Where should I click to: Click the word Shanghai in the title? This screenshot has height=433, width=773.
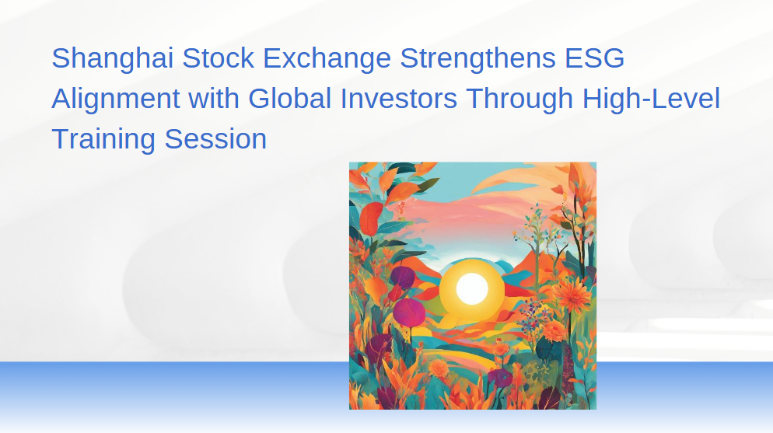(113, 59)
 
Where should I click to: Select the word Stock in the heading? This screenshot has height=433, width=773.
(218, 58)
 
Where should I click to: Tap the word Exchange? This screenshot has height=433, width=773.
(327, 59)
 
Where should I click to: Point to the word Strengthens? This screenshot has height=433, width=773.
(477, 59)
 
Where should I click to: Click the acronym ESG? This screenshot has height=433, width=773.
(595, 58)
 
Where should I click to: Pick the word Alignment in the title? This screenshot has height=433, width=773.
(116, 100)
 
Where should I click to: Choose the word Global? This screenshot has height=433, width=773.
(289, 99)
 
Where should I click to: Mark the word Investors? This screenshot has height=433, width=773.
(399, 99)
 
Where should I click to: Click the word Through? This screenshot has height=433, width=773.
(519, 100)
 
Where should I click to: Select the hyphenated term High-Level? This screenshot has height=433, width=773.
(651, 100)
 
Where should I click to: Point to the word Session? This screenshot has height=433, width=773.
(215, 139)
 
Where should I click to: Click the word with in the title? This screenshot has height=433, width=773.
(214, 99)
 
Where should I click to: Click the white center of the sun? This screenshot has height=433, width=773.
(472, 288)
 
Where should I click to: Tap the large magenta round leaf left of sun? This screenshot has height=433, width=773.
(409, 313)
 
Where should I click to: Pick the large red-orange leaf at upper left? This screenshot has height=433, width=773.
(371, 218)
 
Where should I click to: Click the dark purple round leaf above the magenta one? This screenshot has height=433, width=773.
(402, 277)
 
